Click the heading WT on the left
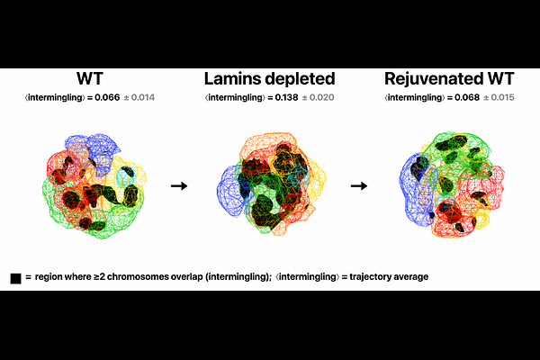(x=90, y=78)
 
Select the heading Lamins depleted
(x=270, y=79)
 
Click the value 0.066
(x=107, y=97)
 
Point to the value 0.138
(x=286, y=97)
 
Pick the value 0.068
(x=467, y=97)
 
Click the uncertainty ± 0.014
(x=139, y=97)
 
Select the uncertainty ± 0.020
(x=319, y=97)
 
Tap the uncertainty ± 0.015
(x=499, y=97)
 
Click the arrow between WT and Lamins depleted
(x=179, y=186)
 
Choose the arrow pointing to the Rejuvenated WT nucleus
(x=359, y=186)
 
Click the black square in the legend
(x=15, y=278)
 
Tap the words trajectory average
(x=389, y=277)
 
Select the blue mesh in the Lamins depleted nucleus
(x=230, y=191)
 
